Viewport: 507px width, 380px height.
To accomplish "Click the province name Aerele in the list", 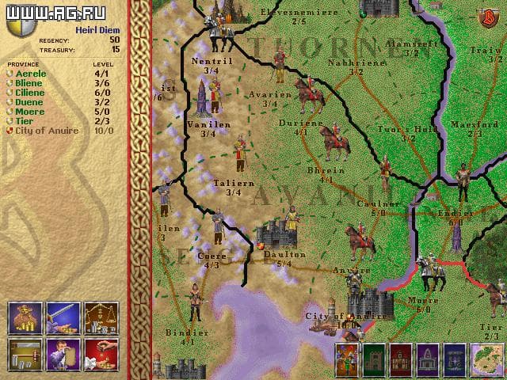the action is point(31,74).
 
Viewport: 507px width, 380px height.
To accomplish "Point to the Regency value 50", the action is point(115,39).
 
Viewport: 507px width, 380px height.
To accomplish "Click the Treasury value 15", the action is point(116,49).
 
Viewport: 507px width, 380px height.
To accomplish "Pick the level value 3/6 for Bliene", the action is point(103,83).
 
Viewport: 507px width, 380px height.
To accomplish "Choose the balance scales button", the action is point(101,316).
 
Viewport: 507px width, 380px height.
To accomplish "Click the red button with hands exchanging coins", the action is point(101,354).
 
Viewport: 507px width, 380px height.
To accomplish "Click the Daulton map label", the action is point(284,255).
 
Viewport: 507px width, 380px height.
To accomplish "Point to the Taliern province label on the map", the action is point(234,183).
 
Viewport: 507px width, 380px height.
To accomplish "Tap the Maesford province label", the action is point(474,125).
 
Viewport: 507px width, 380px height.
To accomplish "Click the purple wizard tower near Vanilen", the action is point(203,99).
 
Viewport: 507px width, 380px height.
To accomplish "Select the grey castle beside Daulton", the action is point(276,234).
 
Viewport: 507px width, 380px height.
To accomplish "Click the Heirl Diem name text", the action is point(97,29).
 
